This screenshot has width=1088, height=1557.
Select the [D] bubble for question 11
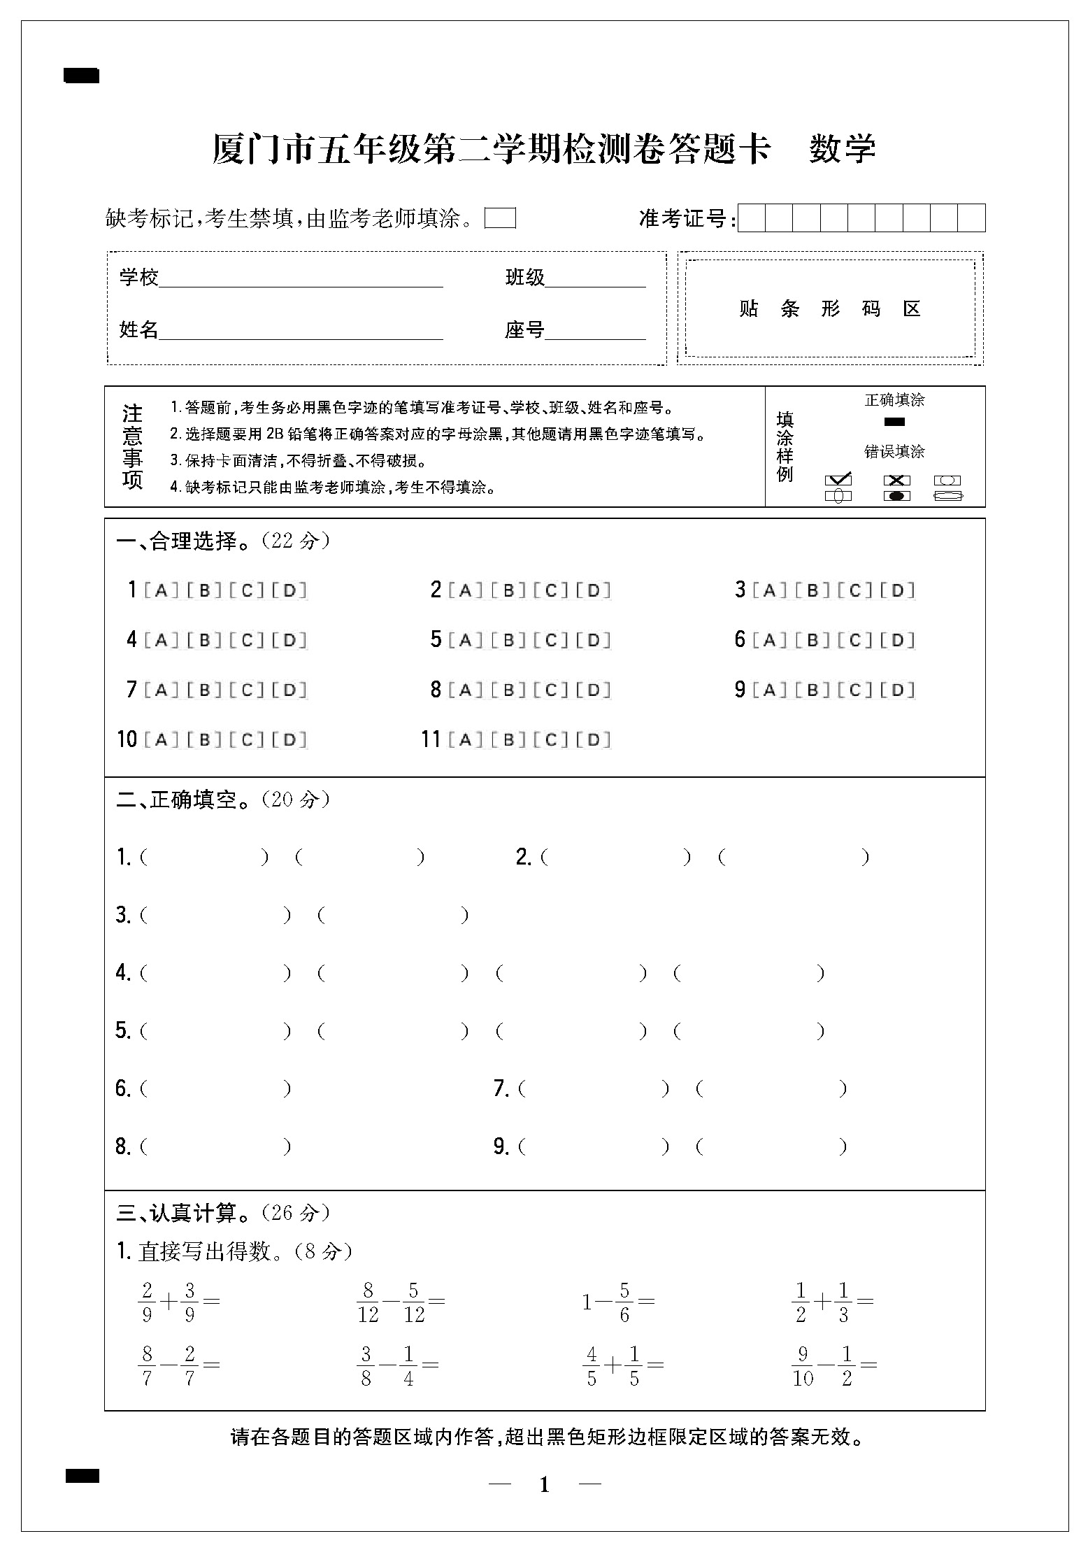tap(594, 739)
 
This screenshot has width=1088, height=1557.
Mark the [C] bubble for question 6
tap(854, 640)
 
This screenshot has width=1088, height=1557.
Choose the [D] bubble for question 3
tap(897, 590)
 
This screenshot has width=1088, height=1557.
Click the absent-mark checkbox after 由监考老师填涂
tap(501, 218)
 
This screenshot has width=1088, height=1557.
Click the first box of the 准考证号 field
tap(752, 218)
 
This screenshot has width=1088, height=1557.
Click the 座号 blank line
tap(595, 331)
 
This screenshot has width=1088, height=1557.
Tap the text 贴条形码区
tap(830, 308)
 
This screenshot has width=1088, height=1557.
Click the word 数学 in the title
tap(842, 148)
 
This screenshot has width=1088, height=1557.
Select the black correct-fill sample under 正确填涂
tap(894, 422)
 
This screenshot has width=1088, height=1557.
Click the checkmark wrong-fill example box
tap(838, 480)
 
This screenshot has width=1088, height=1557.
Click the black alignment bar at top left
tap(82, 76)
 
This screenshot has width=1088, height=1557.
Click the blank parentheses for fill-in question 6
tap(215, 1088)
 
